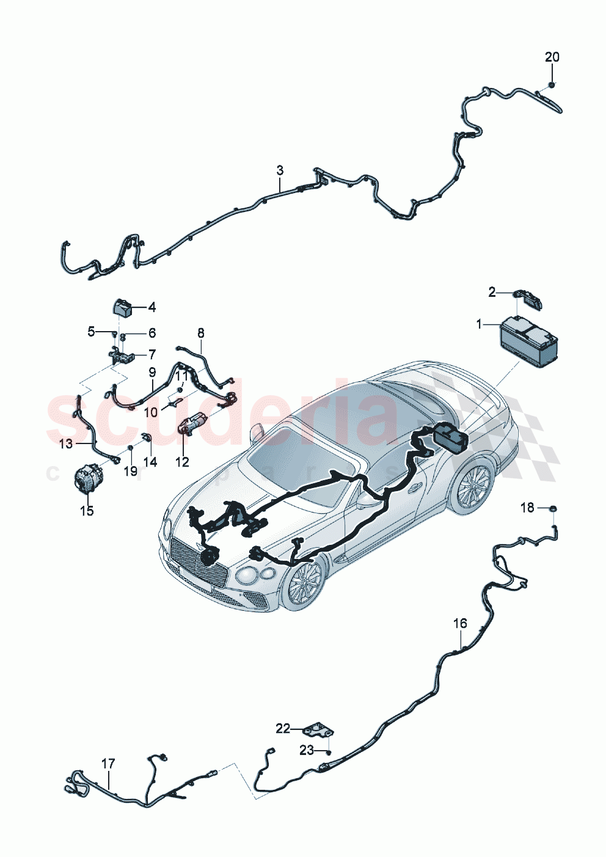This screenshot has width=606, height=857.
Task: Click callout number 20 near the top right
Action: (552, 57)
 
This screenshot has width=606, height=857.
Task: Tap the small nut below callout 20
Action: (551, 84)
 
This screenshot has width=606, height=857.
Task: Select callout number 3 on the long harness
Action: (280, 170)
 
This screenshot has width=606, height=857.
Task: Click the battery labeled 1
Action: (529, 343)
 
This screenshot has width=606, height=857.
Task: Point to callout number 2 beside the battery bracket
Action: (492, 293)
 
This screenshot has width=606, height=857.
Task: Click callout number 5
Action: (92, 332)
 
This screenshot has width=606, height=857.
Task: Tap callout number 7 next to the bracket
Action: (152, 354)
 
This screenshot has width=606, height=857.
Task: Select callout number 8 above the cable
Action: (201, 334)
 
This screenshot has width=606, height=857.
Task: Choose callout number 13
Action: (66, 444)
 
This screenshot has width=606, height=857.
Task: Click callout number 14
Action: (150, 462)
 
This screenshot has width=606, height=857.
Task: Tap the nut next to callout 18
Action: (552, 508)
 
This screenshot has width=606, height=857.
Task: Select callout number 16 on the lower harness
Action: (460, 623)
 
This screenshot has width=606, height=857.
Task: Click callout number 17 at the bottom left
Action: (108, 764)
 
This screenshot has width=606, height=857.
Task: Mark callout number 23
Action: (306, 749)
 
